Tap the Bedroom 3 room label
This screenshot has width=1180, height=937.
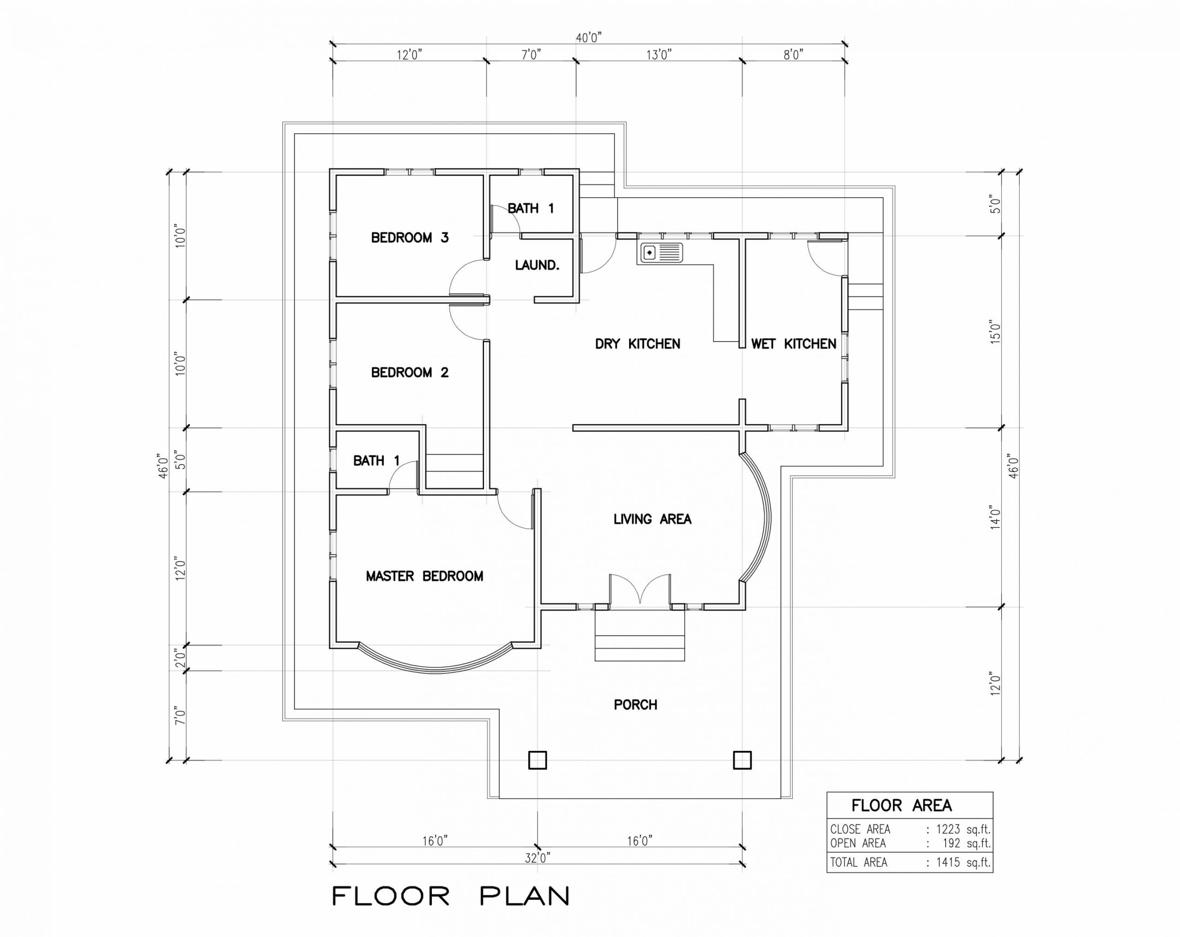(410, 237)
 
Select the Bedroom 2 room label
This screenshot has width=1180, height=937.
(410, 373)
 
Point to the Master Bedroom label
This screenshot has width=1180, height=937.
(425, 576)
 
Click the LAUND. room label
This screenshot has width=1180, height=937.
(537, 265)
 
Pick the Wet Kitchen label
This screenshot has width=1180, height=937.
(794, 344)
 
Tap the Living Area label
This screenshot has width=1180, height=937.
(652, 519)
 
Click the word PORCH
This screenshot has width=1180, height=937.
(636, 704)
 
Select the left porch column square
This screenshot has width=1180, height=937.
(537, 760)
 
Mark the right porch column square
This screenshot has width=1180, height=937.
(742, 760)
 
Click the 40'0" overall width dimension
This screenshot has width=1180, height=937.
(589, 38)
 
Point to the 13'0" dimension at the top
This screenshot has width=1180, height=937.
(659, 55)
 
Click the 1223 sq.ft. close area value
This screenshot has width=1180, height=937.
(963, 829)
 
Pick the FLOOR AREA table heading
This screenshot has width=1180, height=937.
(902, 806)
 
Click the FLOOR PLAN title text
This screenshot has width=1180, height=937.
(451, 896)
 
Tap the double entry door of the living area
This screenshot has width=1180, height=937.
(640, 589)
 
